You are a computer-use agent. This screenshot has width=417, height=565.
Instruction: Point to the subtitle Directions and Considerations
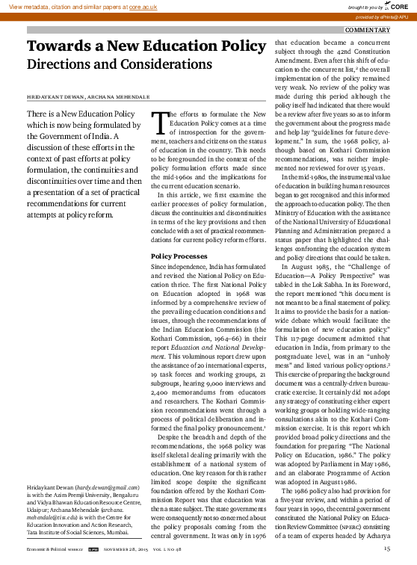[x=120, y=64]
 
